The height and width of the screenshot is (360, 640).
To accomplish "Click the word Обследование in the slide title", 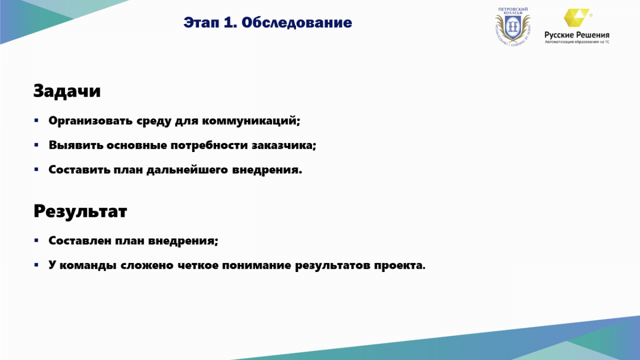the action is point(297,22).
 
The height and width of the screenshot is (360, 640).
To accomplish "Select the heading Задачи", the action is point(67,91).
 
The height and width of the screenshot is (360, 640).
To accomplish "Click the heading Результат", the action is point(81,211).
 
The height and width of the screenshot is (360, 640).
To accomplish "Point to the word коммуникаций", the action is point(251,121).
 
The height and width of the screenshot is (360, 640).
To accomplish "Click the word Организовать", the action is point(91,121).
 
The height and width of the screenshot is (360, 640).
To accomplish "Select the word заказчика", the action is point(284,146).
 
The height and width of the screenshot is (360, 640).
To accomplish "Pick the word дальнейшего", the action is point(187,170).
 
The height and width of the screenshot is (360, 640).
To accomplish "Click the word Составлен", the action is point(79,241).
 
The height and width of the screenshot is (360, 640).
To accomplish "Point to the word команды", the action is point(87,266).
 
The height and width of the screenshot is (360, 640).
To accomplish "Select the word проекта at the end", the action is point(399,266).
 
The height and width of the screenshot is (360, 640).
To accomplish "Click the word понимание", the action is point(257,266).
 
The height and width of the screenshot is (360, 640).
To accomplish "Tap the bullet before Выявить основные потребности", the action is point(36,145).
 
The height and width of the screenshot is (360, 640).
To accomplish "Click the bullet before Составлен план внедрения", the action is point(36,241).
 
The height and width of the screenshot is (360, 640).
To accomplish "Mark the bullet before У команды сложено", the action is point(36,265).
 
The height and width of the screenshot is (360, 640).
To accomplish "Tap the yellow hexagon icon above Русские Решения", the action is point(577,18).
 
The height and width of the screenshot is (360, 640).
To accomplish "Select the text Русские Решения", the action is point(577,35).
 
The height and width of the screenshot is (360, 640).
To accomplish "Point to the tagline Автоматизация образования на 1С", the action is point(577,42).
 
